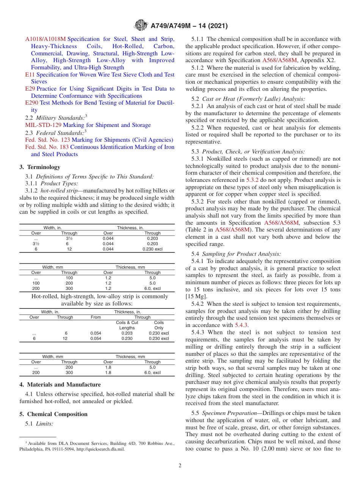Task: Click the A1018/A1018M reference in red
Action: pyautogui.click(x=45, y=39)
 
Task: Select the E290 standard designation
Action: pyautogui.click(x=31, y=103)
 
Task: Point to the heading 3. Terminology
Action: pyautogui.click(x=39, y=167)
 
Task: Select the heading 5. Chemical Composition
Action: pyautogui.click(x=53, y=414)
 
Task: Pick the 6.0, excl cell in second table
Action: pyautogui.click(x=152, y=289)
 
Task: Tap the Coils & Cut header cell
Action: pyautogui.click(x=127, y=322)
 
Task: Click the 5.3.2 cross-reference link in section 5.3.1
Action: pyautogui.click(x=252, y=180)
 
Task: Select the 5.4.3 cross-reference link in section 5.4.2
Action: pyautogui.click(x=241, y=325)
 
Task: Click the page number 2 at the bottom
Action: pyautogui.click(x=180, y=466)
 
